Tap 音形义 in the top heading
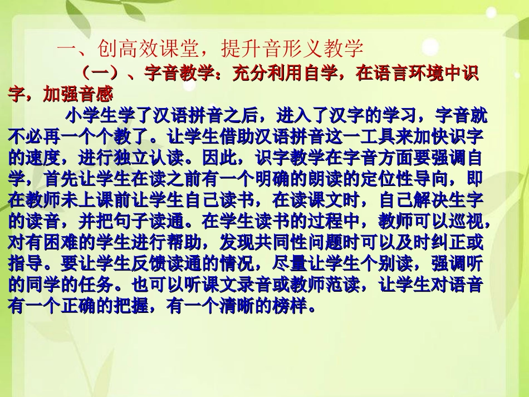pyautogui.click(x=290, y=48)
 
